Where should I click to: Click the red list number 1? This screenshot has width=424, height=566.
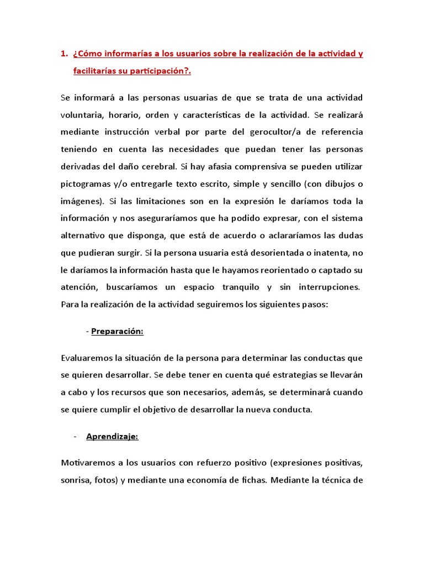click(x=63, y=54)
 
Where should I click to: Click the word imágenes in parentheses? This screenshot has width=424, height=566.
click(x=81, y=201)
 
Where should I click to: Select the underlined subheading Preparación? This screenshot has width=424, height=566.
click(x=117, y=331)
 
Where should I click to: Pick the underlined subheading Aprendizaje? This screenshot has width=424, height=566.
click(x=112, y=437)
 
